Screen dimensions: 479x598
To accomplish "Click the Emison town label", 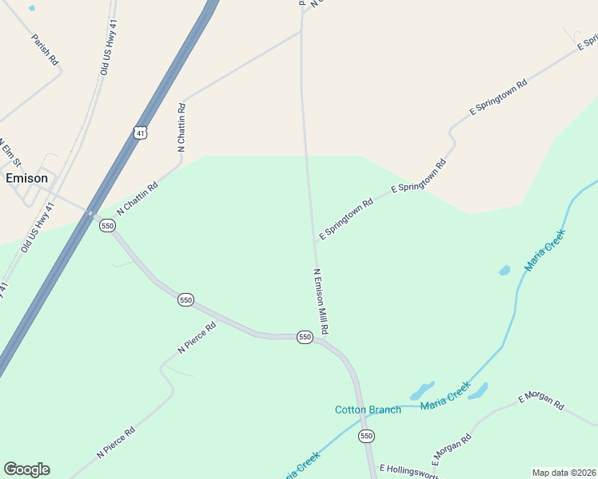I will [26, 178].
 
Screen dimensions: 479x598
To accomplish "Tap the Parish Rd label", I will [45, 49].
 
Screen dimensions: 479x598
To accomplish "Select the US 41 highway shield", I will [141, 133].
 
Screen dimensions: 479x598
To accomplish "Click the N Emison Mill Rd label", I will [321, 301].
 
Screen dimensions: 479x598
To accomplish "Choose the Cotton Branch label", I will [368, 410].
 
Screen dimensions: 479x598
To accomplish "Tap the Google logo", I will [26, 469].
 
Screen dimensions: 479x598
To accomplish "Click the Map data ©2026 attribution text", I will [564, 473].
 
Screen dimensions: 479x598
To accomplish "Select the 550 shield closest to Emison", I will [108, 226].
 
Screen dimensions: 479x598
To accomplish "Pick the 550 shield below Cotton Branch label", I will [366, 436].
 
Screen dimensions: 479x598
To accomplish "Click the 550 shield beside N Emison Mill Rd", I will [305, 337].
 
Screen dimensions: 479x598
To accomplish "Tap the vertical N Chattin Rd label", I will [181, 127].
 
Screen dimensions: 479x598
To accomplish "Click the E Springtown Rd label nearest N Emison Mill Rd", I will [346, 220].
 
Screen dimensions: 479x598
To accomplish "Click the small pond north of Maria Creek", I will [504, 270].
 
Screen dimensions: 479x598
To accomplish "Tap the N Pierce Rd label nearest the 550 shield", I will [197, 338].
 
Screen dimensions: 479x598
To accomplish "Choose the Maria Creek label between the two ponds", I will [445, 394].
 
